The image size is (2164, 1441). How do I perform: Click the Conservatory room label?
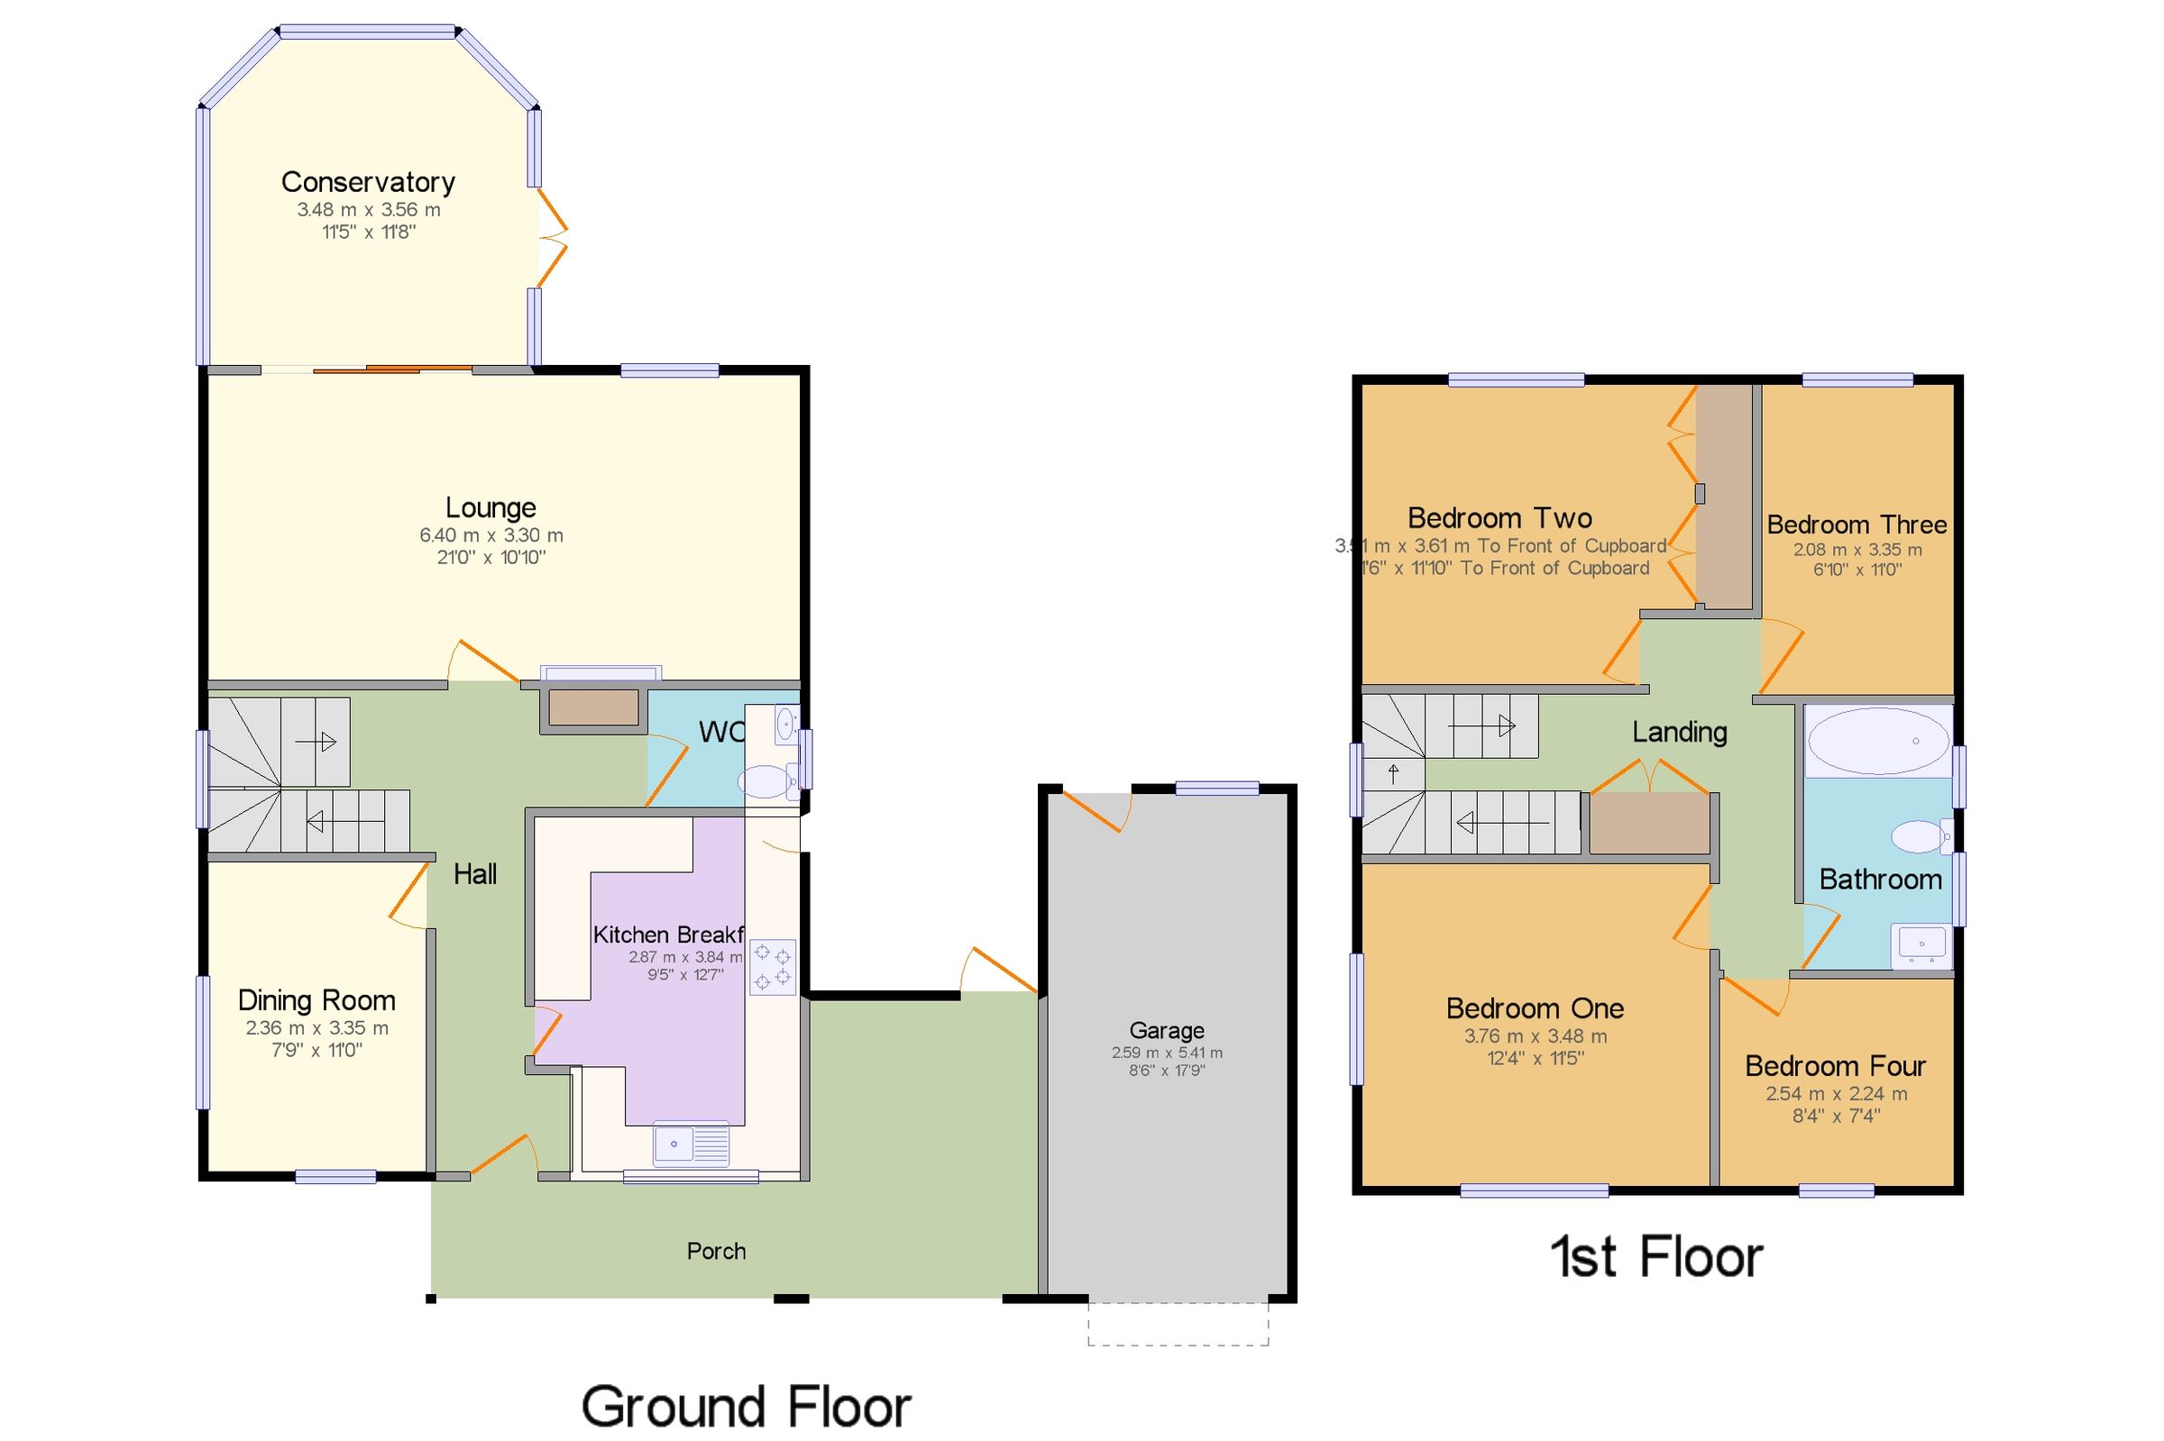(x=368, y=182)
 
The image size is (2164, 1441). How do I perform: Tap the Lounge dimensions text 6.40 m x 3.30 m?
(x=491, y=535)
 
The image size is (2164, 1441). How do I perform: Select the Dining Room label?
(x=316, y=1000)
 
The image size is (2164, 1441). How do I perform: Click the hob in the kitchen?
(x=772, y=967)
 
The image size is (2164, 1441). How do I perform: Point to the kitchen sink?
(x=691, y=1145)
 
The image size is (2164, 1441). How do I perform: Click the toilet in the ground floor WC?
(x=768, y=782)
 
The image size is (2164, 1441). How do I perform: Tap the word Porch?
(x=716, y=1251)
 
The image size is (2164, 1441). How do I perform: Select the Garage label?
(x=1166, y=1030)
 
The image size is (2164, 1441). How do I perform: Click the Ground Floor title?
(x=746, y=1406)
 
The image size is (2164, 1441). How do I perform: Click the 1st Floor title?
(x=1655, y=1256)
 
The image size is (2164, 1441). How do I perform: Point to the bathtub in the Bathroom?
(x=1877, y=741)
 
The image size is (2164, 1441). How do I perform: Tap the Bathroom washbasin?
(x=1921, y=944)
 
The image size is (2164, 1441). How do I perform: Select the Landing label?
(x=1679, y=733)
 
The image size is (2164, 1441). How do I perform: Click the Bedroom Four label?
(x=1835, y=1066)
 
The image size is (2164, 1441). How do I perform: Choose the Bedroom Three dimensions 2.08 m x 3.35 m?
(x=1857, y=550)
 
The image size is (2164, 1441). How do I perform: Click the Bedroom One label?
(x=1535, y=1008)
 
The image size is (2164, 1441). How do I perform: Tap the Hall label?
(x=475, y=874)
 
